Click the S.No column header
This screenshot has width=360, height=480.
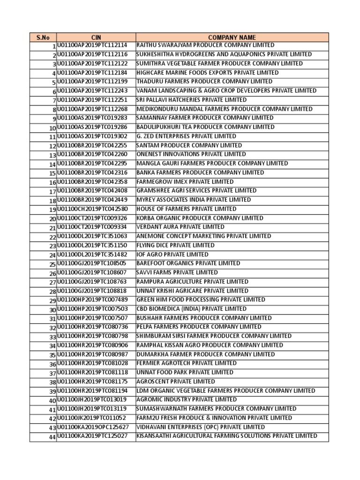pos(43,37)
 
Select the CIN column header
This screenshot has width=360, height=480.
pos(96,37)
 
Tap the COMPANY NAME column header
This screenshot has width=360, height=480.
pos(232,37)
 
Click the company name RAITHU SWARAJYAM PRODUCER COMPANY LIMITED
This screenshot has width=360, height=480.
pos(205,45)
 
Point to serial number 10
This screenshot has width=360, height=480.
pos(52,127)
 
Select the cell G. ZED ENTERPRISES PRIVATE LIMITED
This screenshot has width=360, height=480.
pos(186,136)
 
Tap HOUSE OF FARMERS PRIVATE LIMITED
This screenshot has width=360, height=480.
pos(186,209)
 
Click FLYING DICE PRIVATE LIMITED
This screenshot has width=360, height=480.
pos(175,245)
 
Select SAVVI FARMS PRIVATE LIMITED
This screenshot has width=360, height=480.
pos(177,272)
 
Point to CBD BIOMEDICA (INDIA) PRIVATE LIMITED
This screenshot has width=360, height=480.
pos(191,309)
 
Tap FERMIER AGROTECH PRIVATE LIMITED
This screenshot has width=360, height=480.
pos(186,363)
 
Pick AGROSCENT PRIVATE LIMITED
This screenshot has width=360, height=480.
pos(175,382)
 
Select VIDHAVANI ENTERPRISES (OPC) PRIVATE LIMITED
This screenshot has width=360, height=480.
pos(200,427)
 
